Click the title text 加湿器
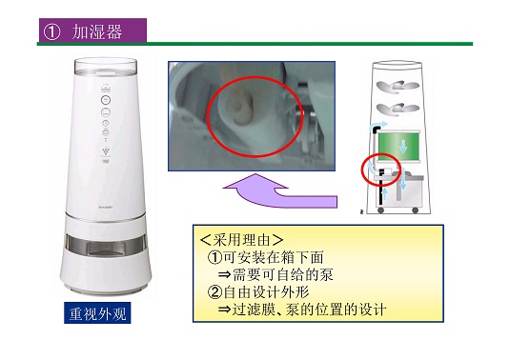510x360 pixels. pyautogui.click(x=97, y=31)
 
